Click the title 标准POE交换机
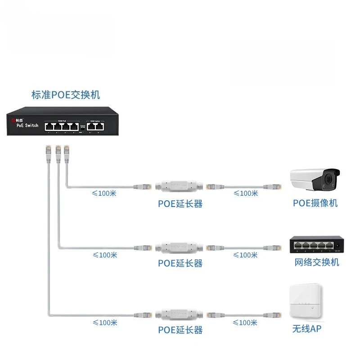(66, 95)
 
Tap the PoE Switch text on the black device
(27, 126)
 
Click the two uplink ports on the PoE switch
(95, 126)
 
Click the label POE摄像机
(315, 203)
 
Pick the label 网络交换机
(317, 262)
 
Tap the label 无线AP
(307, 329)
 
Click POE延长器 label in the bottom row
(180, 330)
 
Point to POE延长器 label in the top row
(180, 203)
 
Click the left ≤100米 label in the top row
(104, 193)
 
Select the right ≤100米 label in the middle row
(246, 255)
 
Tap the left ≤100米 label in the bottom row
(104, 323)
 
